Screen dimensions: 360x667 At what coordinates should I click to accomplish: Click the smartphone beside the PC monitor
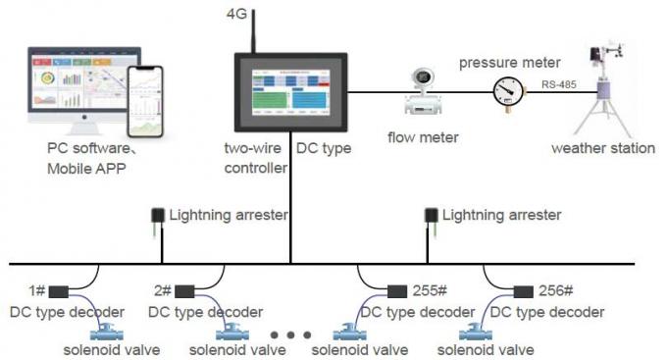coord(145,100)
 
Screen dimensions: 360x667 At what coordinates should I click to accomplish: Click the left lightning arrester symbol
coord(157,218)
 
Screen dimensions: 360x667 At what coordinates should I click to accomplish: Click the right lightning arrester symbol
coord(430,218)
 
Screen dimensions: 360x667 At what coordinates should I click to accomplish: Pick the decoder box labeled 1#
coord(59,290)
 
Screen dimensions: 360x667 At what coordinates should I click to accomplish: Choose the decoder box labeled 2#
coord(184,290)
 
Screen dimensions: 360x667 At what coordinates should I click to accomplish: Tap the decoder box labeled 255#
coord(397,290)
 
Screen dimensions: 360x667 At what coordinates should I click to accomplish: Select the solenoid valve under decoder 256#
coord(478,331)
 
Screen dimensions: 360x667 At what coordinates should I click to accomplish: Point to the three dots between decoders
coord(290,334)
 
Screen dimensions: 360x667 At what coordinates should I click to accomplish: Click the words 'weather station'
coord(601,148)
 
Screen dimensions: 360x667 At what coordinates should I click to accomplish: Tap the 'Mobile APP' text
coord(85,168)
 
